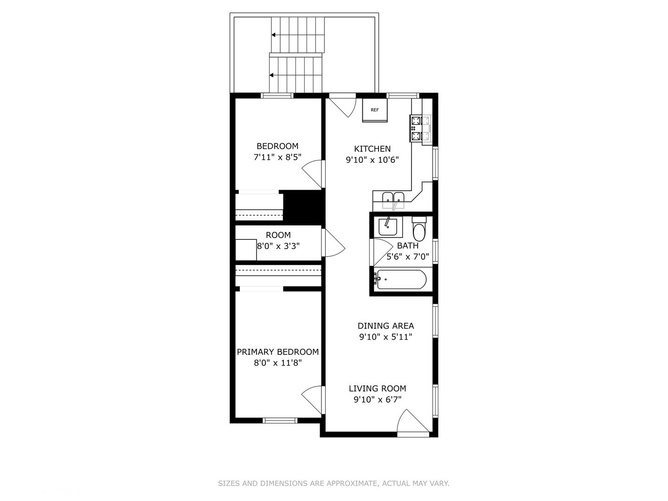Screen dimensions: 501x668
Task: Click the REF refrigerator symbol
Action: pyautogui.click(x=374, y=110)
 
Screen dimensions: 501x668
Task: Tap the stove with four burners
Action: pyautogui.click(x=416, y=128)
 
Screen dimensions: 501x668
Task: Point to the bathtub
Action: pyautogui.click(x=401, y=279)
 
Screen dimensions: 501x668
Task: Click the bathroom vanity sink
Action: pyautogui.click(x=387, y=227)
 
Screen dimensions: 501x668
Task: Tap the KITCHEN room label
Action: pyautogui.click(x=372, y=149)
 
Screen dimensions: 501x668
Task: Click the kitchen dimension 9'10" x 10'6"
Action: pyautogui.click(x=372, y=160)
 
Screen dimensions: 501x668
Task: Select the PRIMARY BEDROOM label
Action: pyautogui.click(x=277, y=352)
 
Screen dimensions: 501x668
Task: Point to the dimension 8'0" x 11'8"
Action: pyautogui.click(x=277, y=363)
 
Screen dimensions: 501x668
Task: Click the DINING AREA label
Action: pyautogui.click(x=385, y=326)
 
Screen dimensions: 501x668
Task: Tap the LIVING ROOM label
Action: pyautogui.click(x=377, y=389)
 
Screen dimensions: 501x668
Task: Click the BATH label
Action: pyautogui.click(x=407, y=246)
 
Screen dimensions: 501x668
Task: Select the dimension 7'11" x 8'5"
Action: pyautogui.click(x=277, y=157)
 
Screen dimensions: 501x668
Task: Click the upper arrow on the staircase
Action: pyautogui.click(x=274, y=35)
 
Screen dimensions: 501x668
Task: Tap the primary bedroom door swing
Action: pyautogui.click(x=312, y=399)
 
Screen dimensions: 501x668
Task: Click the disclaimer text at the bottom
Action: pyautogui.click(x=334, y=483)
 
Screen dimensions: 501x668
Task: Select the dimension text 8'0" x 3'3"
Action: pyautogui.click(x=278, y=246)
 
